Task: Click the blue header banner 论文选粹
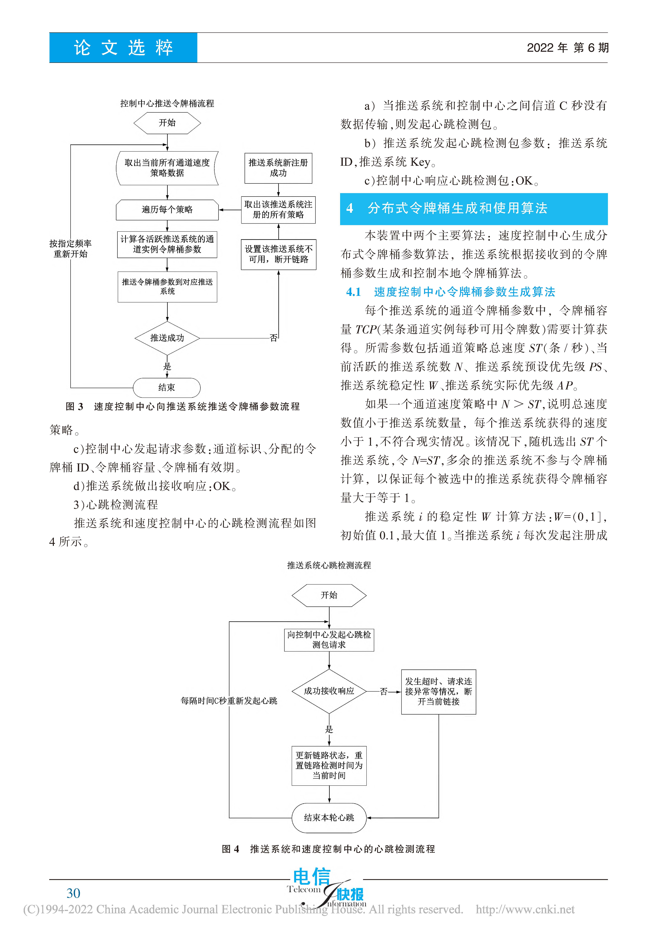[x=123, y=48]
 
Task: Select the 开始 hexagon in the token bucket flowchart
[x=167, y=123]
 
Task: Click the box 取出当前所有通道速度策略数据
[x=167, y=168]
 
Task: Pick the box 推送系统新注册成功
[x=278, y=168]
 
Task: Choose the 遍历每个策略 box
[x=167, y=210]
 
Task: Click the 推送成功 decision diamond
[x=167, y=338]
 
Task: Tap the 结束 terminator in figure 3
[x=167, y=387]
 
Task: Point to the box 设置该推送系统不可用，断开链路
[x=279, y=254]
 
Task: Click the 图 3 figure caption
[x=183, y=406]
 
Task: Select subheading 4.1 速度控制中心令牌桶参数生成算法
[x=451, y=292]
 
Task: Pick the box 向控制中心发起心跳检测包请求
[x=329, y=640]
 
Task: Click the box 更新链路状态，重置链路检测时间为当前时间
[x=329, y=766]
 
